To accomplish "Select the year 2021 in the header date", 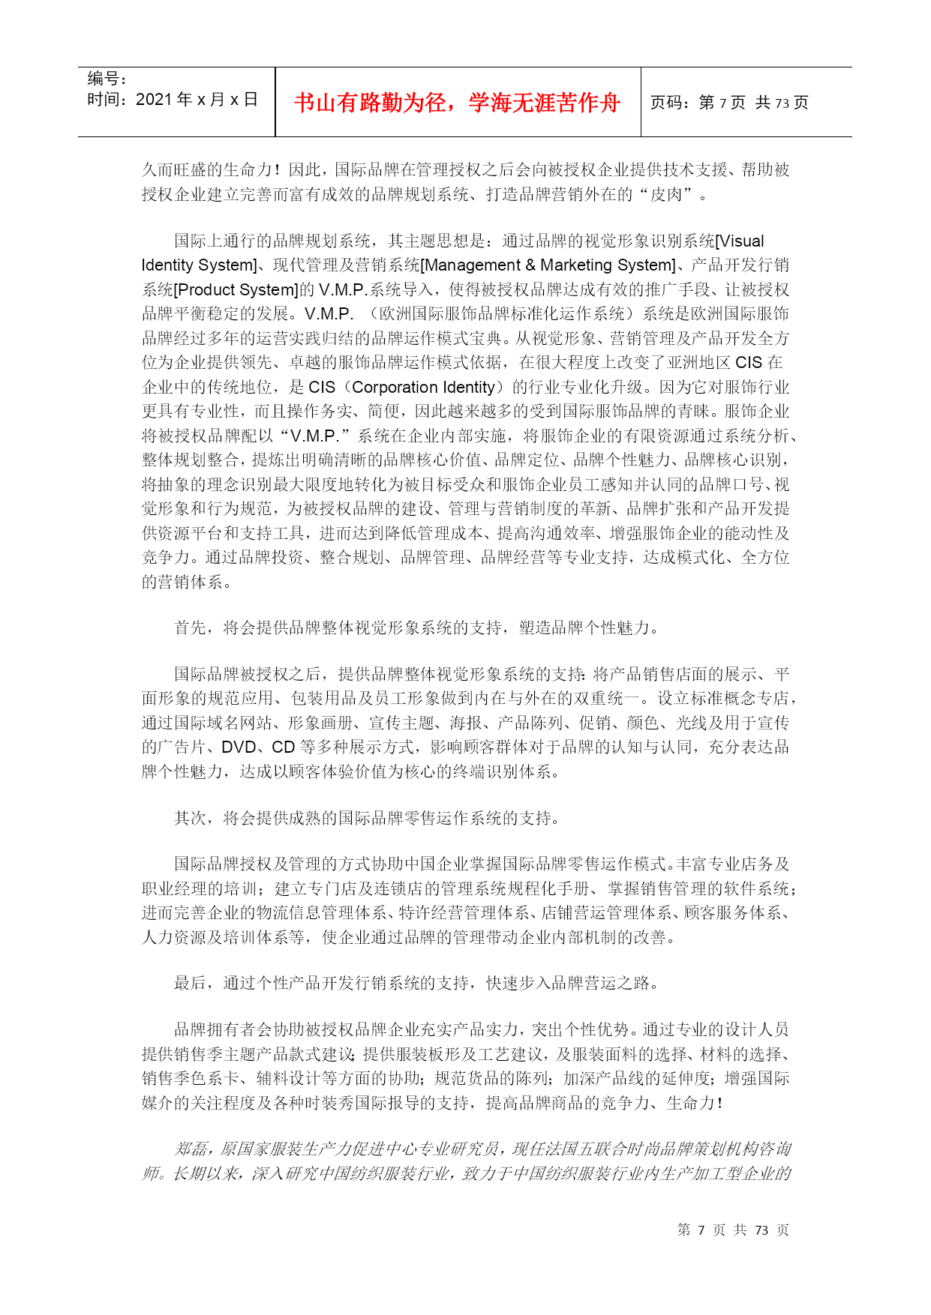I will (154, 100).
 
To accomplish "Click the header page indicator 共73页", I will (782, 103).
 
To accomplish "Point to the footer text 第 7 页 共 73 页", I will (733, 1230).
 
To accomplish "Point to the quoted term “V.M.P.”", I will (314, 436).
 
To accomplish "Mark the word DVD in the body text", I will (239, 747).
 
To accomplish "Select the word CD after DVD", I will (283, 747).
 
